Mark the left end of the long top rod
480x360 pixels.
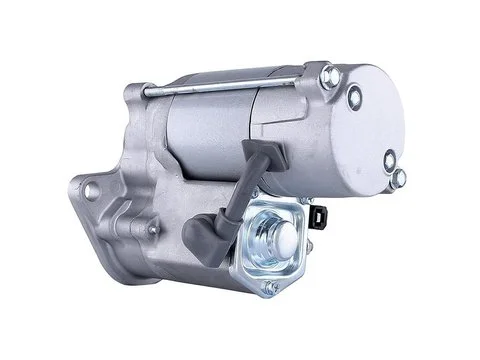[x=150, y=96]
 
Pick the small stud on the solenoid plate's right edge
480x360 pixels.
[x=315, y=240]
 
